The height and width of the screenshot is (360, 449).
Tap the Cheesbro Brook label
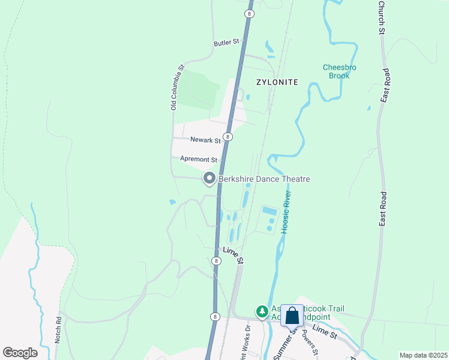[x=339, y=71]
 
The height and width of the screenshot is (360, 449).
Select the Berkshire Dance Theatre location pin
[x=209, y=178]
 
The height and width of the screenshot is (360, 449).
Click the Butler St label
[x=226, y=43]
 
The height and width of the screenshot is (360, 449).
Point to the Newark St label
[x=206, y=140]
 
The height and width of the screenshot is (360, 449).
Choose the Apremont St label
[x=198, y=160]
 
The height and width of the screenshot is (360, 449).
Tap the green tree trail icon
[x=262, y=311]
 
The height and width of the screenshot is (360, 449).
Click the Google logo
[x=20, y=353]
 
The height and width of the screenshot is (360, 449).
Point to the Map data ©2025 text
[x=423, y=355]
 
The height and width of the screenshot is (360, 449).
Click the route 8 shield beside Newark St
[x=228, y=137]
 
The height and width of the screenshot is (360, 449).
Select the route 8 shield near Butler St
[x=249, y=13]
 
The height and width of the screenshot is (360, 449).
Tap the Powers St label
[x=310, y=342]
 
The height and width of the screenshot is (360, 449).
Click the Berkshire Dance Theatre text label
[x=264, y=179]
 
